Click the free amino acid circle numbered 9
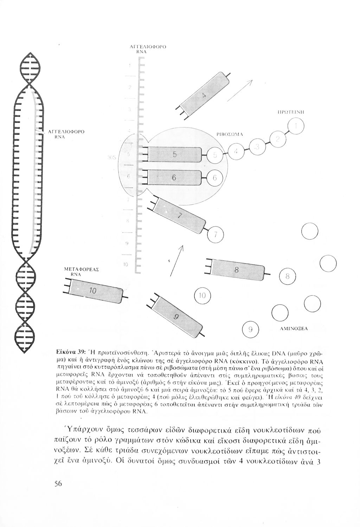click(x=250, y=329)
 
